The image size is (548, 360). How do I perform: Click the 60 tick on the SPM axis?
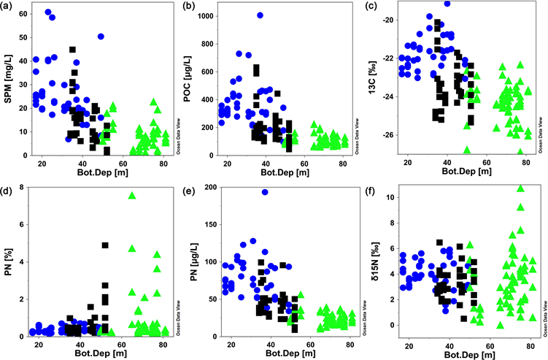(24, 14)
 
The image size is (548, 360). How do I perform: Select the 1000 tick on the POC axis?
(205, 15)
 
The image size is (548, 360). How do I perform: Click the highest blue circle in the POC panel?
(260, 15)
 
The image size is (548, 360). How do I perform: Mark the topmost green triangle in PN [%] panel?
(132, 195)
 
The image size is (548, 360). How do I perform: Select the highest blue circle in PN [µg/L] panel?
(264, 192)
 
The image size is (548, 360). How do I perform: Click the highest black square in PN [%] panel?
(105, 246)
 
